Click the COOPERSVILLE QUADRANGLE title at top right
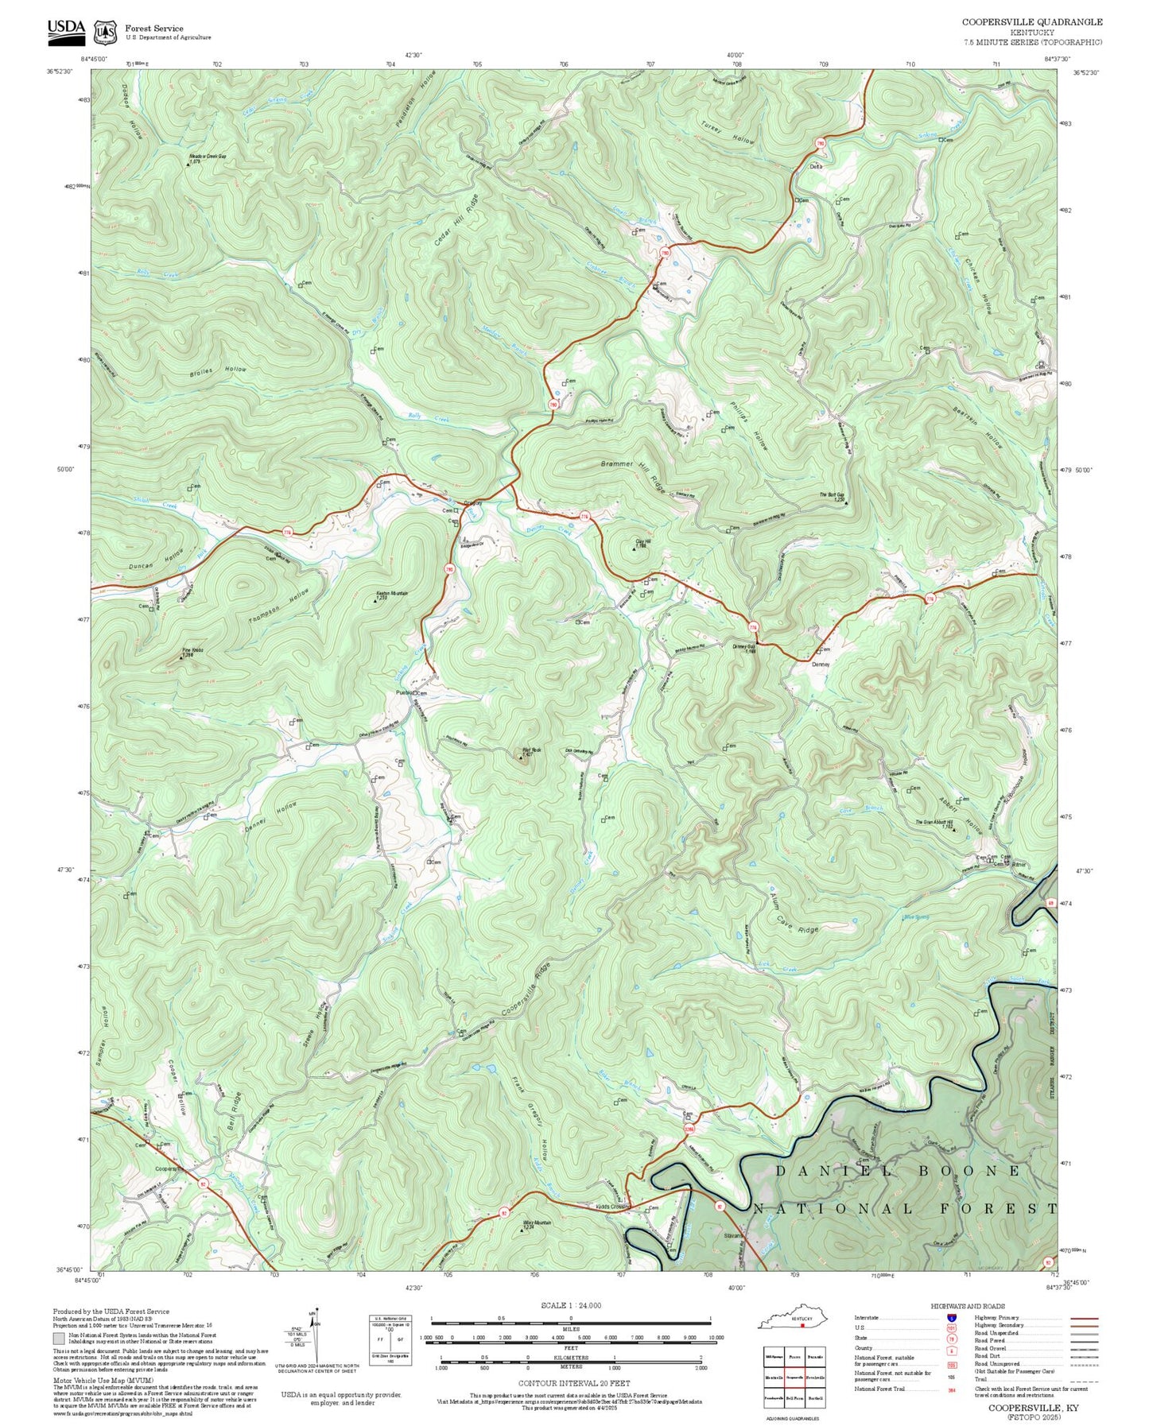[x=1031, y=22]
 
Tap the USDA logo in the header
[x=66, y=29]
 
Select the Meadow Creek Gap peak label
[x=207, y=157]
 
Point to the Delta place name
[x=816, y=167]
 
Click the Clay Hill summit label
[x=642, y=543]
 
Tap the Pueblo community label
[x=404, y=693]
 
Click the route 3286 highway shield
[x=689, y=1130]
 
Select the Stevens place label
[x=733, y=1236]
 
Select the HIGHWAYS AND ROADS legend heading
[x=968, y=1306]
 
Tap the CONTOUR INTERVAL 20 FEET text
[x=570, y=1383]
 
